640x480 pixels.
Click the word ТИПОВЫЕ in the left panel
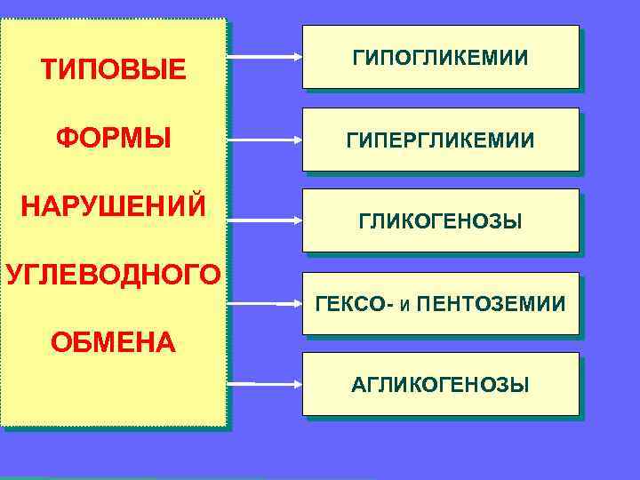[x=114, y=68]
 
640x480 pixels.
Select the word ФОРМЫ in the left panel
[x=114, y=140]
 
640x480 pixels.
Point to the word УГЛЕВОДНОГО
[x=113, y=273]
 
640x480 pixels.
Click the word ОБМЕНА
[x=113, y=340]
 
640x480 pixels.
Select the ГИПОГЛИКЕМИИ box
[x=440, y=57]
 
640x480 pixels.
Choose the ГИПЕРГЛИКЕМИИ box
[x=440, y=140]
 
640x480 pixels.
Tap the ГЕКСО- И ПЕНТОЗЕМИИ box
[x=440, y=304]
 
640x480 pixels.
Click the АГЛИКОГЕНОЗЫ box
[x=440, y=384]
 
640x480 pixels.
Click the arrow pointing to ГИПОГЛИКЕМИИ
[x=265, y=58]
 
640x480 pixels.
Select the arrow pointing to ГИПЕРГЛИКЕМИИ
[x=265, y=140]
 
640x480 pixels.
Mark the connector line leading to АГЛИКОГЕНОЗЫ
[x=241, y=383]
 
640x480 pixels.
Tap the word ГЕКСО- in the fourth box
[x=348, y=305]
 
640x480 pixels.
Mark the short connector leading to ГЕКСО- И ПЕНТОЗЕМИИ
[x=289, y=304]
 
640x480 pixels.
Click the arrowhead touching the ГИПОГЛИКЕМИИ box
[x=298, y=58]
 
